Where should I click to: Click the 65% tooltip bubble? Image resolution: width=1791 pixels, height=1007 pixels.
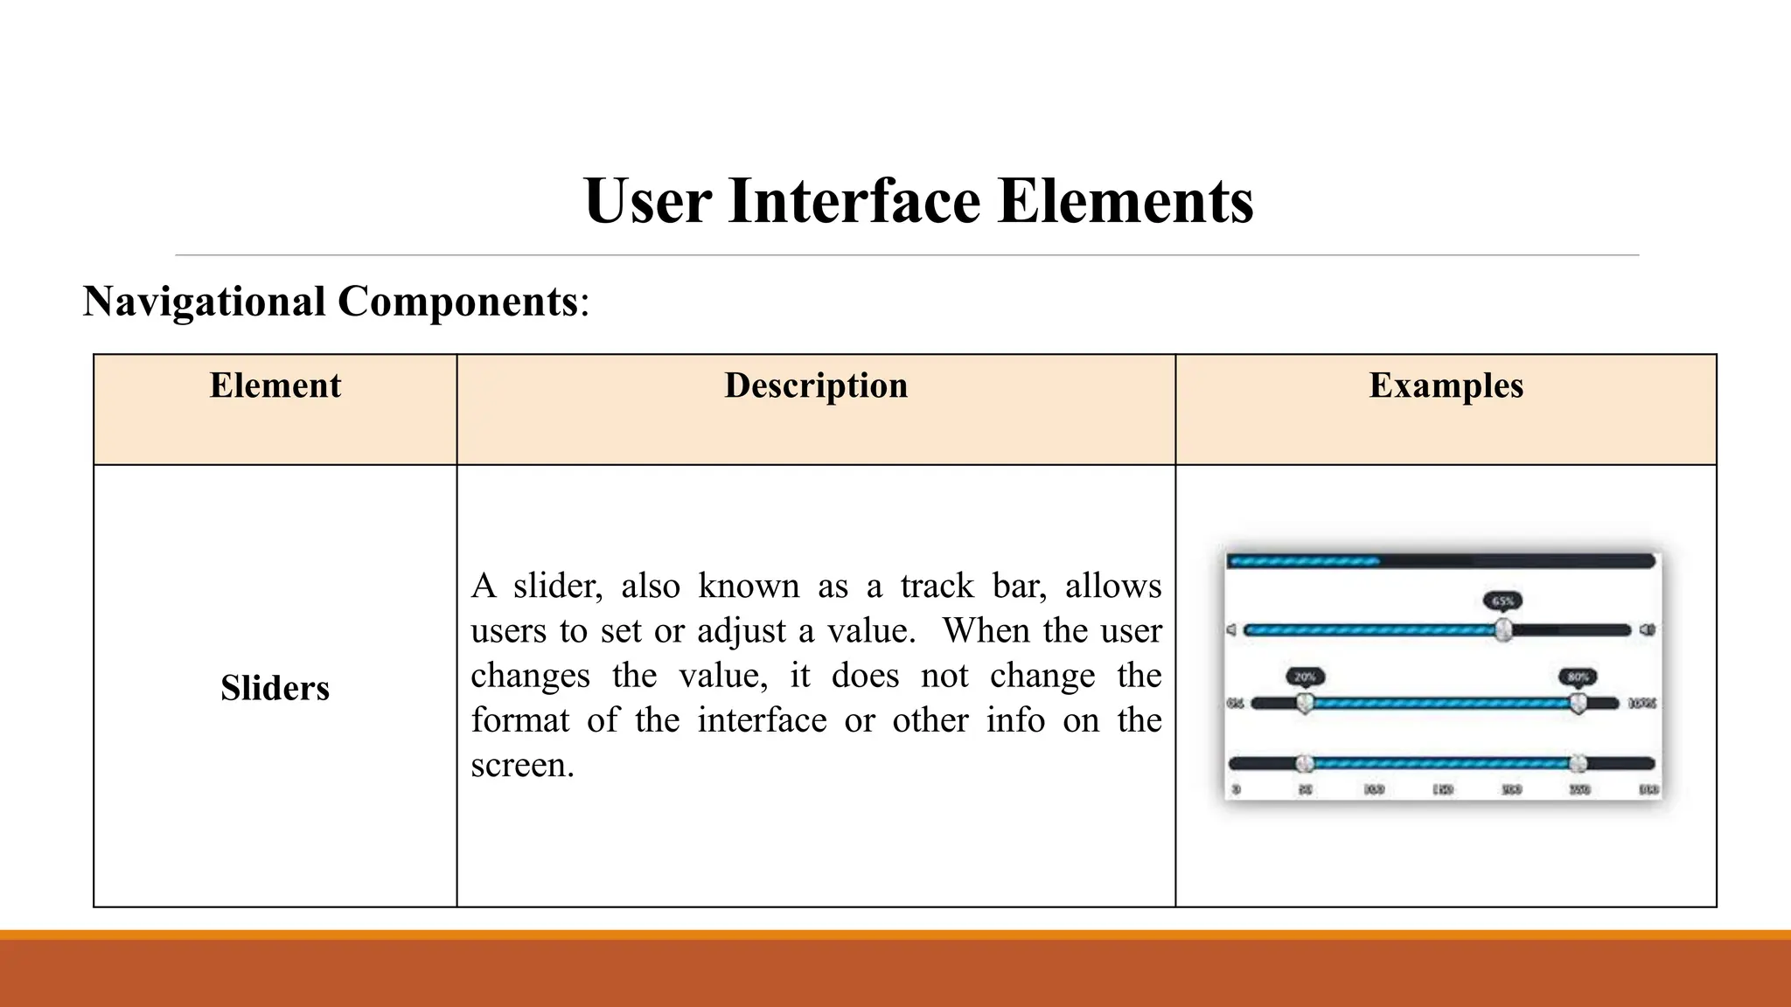pyautogui.click(x=1502, y=601)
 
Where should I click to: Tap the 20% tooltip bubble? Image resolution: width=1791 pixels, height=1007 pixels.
pyautogui.click(x=1305, y=677)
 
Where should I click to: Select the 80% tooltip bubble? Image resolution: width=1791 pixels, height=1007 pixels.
pyautogui.click(x=1578, y=677)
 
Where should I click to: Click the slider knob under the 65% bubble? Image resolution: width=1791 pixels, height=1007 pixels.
pyautogui.click(x=1502, y=629)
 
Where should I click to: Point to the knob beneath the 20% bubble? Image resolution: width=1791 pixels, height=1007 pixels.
pyautogui.click(x=1305, y=703)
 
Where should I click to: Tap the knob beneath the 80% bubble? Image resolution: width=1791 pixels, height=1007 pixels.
pyautogui.click(x=1578, y=703)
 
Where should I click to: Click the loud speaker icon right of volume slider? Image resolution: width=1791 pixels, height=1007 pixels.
pyautogui.click(x=1647, y=629)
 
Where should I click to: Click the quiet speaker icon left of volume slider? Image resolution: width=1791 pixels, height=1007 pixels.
pyautogui.click(x=1231, y=629)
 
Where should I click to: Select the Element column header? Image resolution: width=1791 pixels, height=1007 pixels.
pyautogui.click(x=275, y=385)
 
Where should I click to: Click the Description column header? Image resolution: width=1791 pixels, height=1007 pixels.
pyautogui.click(x=816, y=385)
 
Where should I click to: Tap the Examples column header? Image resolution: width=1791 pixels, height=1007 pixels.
pyautogui.click(x=1446, y=385)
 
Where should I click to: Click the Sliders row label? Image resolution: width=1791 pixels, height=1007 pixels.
pyautogui.click(x=275, y=688)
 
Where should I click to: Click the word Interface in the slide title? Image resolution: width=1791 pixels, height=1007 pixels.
pyautogui.click(x=854, y=201)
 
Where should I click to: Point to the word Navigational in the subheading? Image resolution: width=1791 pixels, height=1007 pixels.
pyautogui.click(x=204, y=302)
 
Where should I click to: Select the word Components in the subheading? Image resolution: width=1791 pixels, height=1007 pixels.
pyautogui.click(x=457, y=302)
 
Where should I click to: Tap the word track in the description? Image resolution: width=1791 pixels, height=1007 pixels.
pyautogui.click(x=937, y=586)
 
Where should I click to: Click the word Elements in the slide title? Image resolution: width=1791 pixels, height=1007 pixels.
pyautogui.click(x=1125, y=201)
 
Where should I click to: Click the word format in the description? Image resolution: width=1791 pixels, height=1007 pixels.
pyautogui.click(x=519, y=720)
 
